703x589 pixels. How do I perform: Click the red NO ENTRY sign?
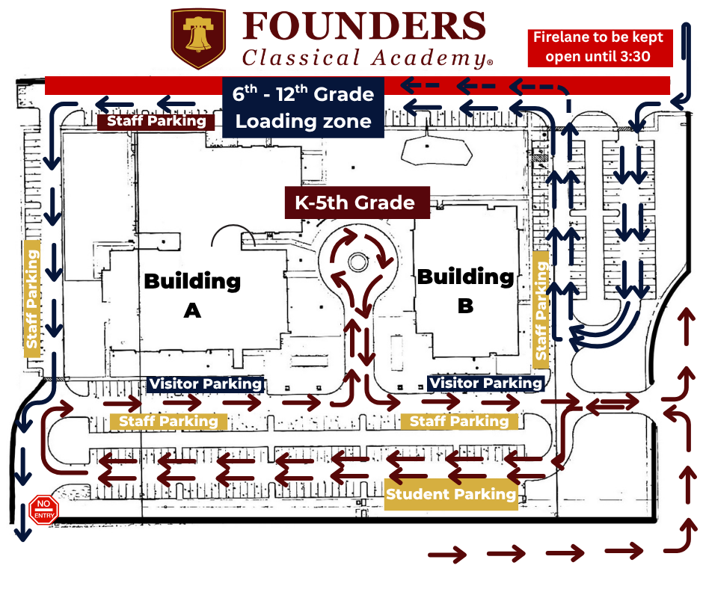(43, 510)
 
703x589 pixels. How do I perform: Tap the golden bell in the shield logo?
(198, 34)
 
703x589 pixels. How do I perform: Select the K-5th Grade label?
(357, 203)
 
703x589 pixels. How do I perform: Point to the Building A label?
(192, 295)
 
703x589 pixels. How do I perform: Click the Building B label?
(465, 291)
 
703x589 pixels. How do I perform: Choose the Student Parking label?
(451, 494)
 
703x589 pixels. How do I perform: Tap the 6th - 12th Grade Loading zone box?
(304, 108)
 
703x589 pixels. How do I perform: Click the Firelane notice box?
(600, 47)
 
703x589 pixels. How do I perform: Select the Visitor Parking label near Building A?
(206, 384)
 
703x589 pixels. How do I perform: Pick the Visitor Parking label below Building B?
(485, 383)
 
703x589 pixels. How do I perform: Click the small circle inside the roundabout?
(357, 262)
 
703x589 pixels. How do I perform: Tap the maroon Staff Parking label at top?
(156, 121)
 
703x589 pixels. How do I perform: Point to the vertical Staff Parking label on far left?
(32, 299)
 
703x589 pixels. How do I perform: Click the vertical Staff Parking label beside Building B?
(541, 309)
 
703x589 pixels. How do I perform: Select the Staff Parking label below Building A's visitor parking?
(168, 422)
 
